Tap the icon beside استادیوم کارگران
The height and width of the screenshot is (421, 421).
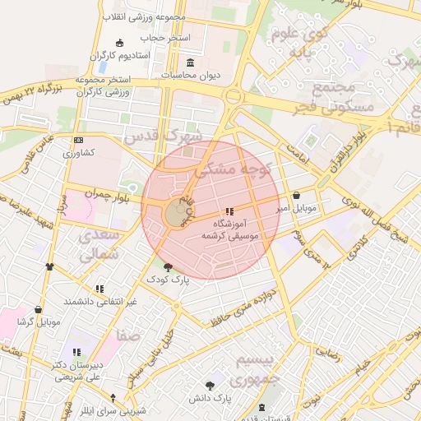click(121, 43)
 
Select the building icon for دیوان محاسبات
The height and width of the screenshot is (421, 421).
click(191, 63)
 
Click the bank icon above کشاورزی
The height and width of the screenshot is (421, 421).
click(78, 141)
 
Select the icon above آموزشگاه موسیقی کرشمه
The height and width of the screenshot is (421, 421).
click(229, 211)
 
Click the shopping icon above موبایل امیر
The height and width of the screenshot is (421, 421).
click(296, 196)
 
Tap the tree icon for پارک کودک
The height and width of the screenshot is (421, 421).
click(169, 266)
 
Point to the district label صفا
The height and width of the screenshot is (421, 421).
click(129, 335)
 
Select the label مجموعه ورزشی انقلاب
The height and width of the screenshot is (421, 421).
click(145, 16)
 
